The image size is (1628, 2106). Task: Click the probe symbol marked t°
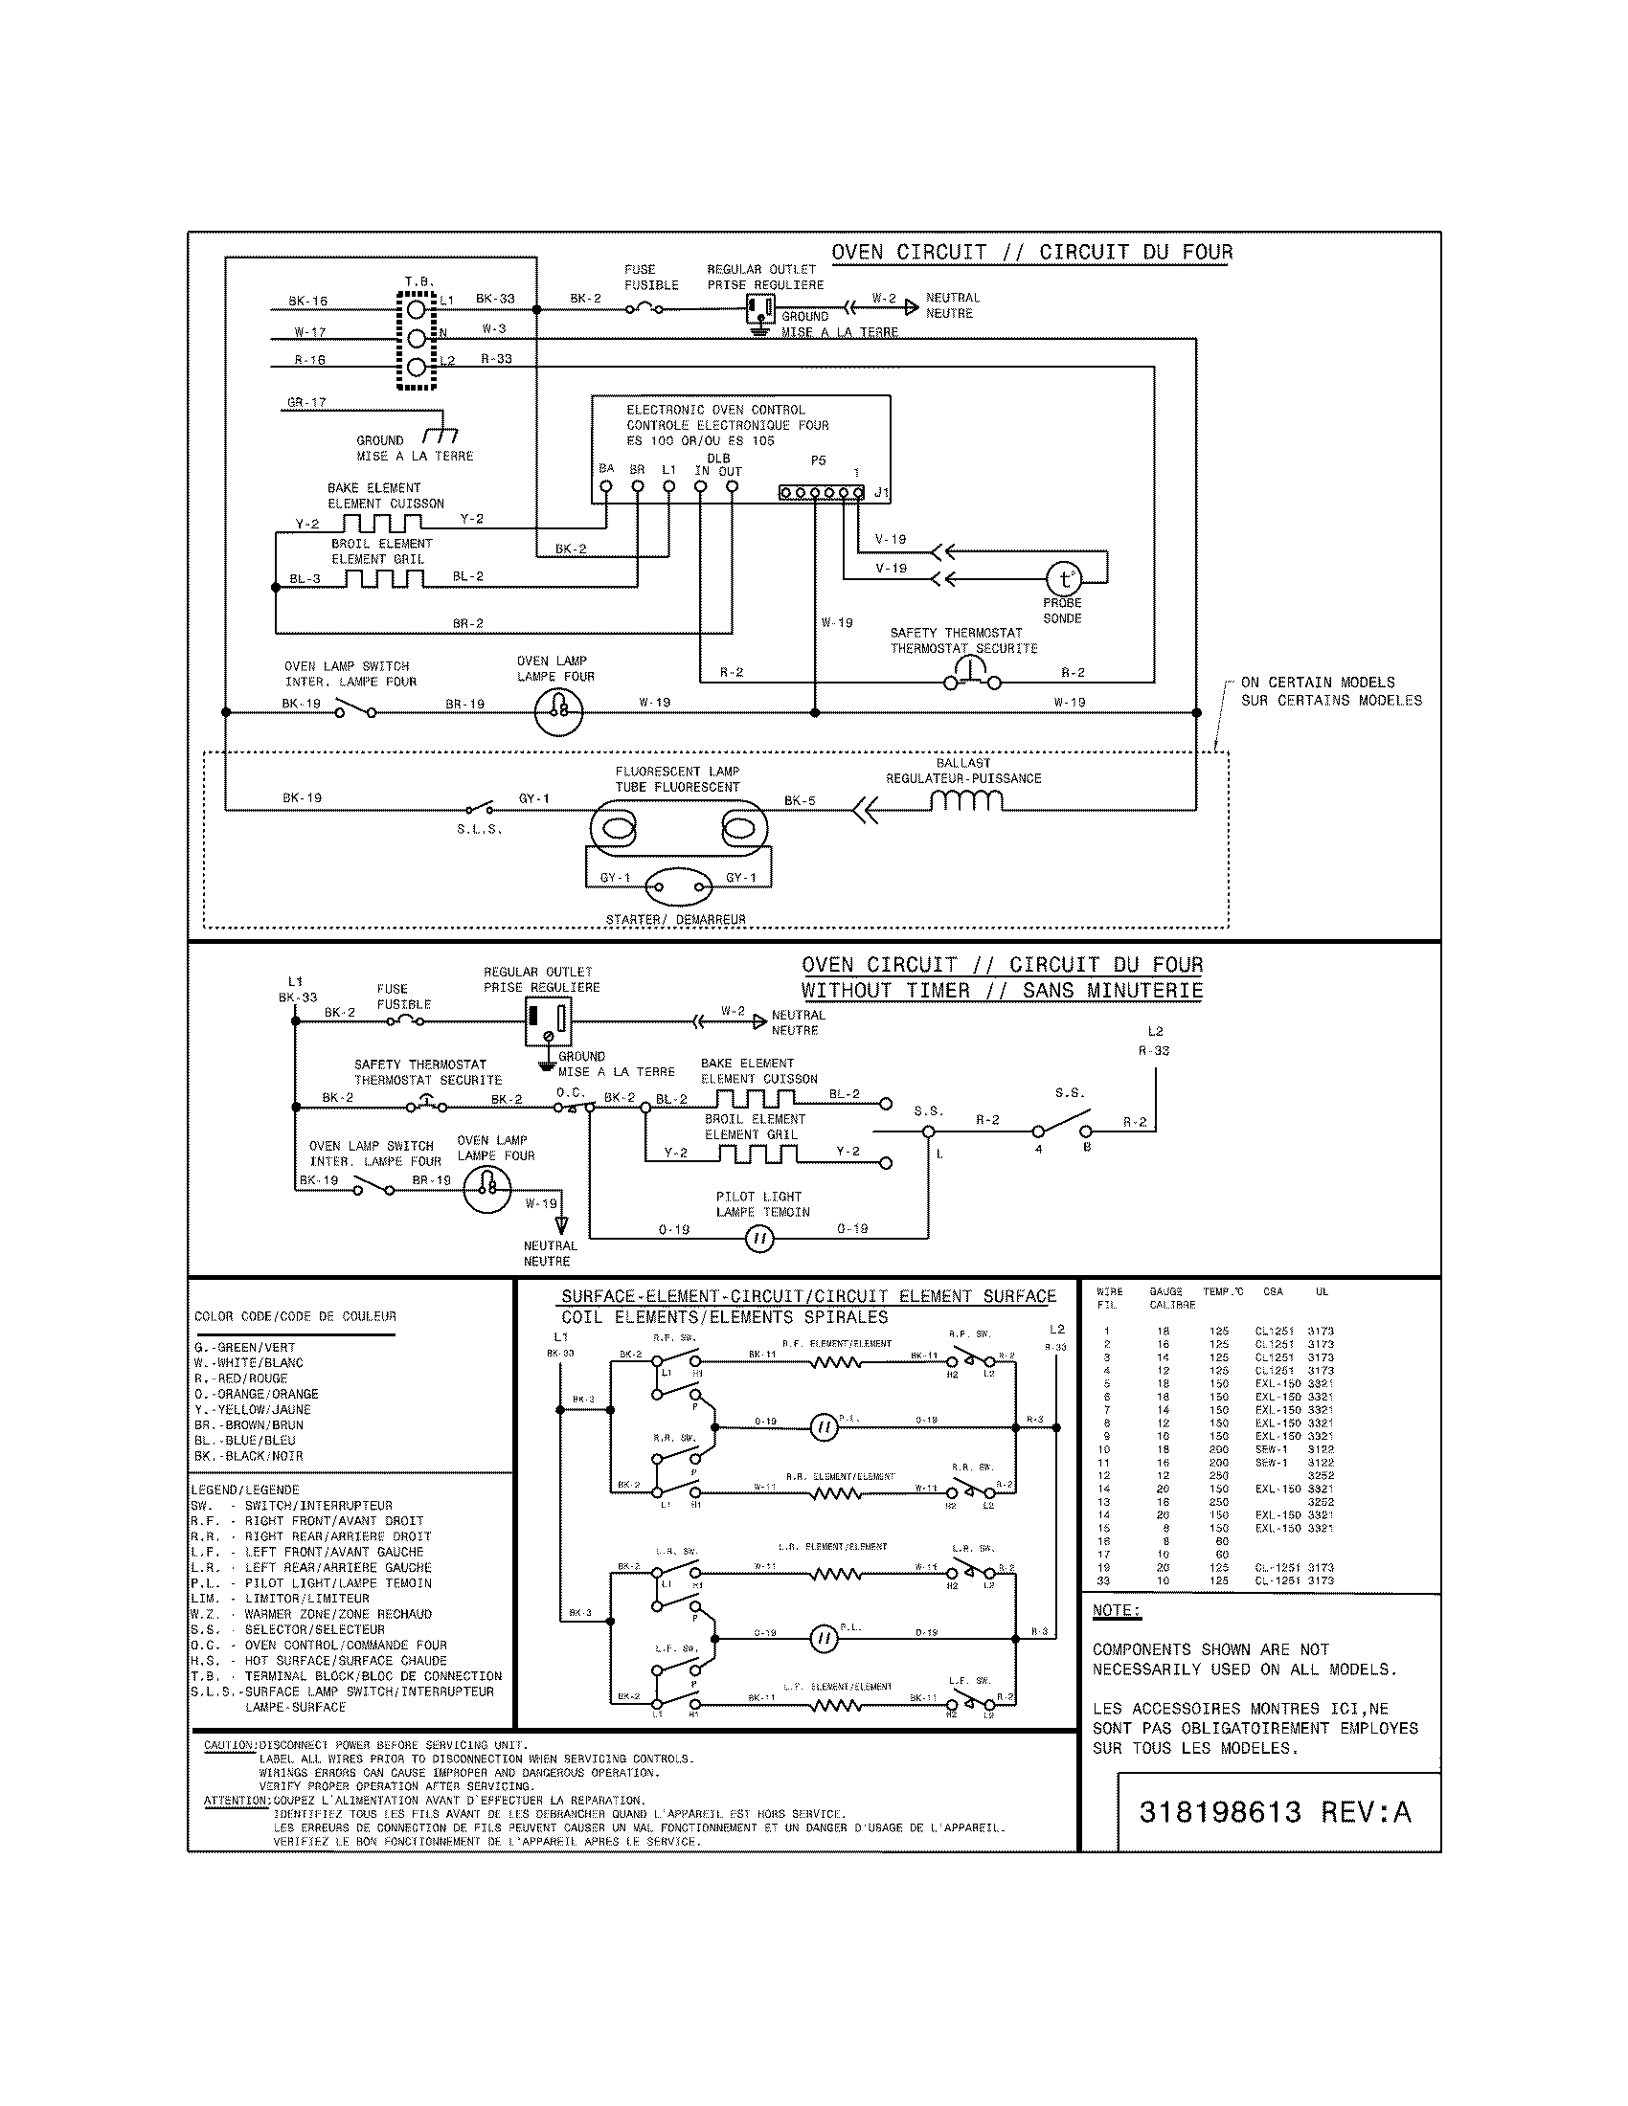click(1064, 578)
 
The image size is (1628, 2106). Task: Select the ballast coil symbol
click(966, 801)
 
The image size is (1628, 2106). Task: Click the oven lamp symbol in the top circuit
click(558, 712)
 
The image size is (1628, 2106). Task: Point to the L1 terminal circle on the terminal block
click(416, 308)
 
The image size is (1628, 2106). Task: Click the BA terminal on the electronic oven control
click(605, 487)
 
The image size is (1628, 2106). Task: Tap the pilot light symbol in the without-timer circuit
click(760, 1240)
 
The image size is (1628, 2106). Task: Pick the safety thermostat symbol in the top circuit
click(971, 678)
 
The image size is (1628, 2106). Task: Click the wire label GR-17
click(306, 402)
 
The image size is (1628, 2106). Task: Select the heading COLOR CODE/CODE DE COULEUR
click(295, 1316)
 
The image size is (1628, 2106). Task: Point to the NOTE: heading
click(1117, 1610)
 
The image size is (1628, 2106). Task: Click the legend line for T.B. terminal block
click(346, 1676)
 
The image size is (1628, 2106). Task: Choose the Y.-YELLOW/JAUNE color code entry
click(252, 1409)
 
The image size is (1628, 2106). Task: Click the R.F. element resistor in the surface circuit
click(835, 1362)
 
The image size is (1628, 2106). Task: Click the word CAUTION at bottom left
click(230, 1745)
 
